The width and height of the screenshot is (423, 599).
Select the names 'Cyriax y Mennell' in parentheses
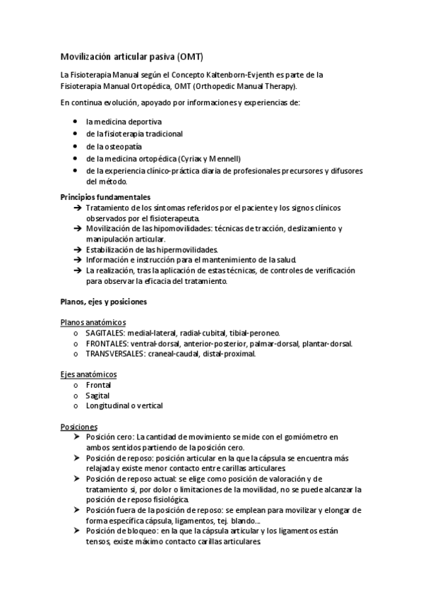pos(212,158)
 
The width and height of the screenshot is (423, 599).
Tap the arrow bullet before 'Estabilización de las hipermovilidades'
pos(76,249)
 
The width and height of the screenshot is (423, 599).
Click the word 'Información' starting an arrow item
pos(107,259)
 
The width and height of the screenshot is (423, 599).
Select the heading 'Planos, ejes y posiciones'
pos(103,302)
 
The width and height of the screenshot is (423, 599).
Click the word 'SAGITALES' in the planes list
pos(106,333)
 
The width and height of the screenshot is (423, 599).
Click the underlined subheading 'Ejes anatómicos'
pos(89,374)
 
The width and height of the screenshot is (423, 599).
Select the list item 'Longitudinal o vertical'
pos(124,406)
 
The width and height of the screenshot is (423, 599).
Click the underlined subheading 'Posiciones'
pos(79,427)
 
